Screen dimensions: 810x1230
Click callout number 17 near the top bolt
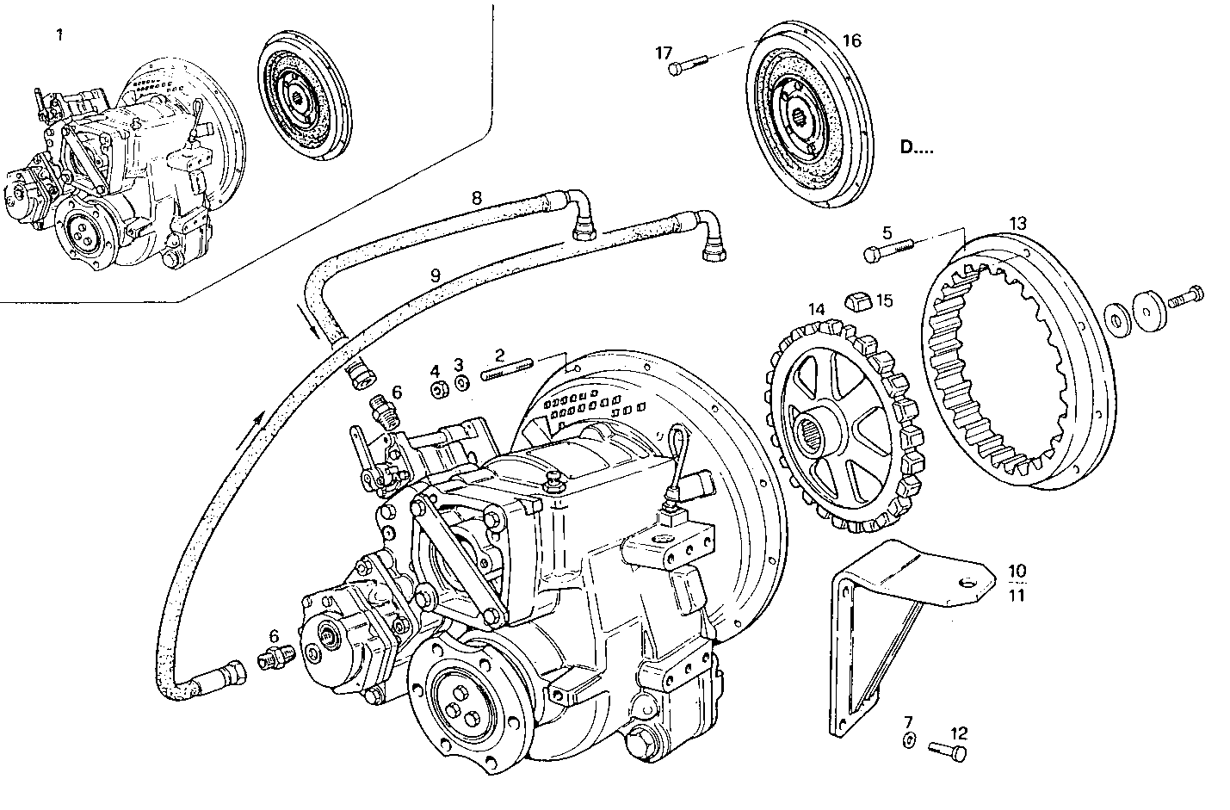[x=663, y=53]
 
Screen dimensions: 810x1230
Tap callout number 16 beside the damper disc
[x=851, y=40]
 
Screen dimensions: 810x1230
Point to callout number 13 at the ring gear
[x=1018, y=223]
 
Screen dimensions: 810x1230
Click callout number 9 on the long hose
[x=436, y=275]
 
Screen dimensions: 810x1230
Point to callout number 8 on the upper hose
[x=476, y=197]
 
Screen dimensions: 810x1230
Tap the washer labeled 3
[x=460, y=383]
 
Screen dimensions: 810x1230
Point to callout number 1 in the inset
[x=59, y=34]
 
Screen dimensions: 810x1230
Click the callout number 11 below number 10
[x=1017, y=595]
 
